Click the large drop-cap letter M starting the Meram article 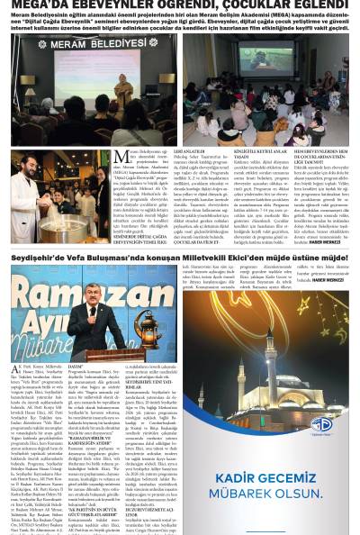(121, 159)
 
